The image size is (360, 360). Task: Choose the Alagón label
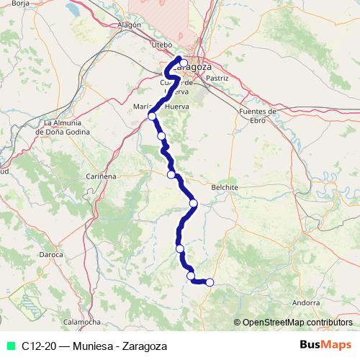click(128, 24)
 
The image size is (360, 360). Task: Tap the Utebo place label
click(163, 44)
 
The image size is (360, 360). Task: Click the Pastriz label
click(217, 77)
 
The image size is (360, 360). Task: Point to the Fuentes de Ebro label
click(257, 116)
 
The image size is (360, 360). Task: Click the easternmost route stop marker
click(210, 282)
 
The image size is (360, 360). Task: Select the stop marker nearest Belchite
click(193, 204)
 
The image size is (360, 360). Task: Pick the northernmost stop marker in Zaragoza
click(184, 63)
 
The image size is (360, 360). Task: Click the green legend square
click(11, 346)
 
